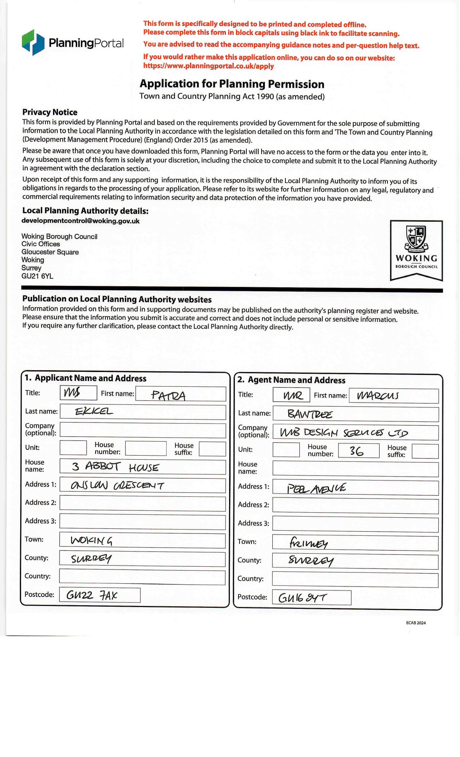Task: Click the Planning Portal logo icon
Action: [33, 43]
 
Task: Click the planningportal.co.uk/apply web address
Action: [209, 66]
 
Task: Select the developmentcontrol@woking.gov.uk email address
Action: [80, 221]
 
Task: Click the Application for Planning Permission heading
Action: [232, 84]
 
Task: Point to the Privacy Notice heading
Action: [50, 112]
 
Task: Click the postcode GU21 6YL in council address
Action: [37, 276]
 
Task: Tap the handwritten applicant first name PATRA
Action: [168, 395]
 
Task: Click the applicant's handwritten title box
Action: [78, 393]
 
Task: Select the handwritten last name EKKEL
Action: [94, 411]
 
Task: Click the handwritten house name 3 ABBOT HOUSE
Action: [115, 467]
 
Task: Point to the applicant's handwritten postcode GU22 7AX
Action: [92, 595]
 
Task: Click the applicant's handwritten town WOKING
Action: [92, 540]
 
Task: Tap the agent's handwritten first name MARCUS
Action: [377, 396]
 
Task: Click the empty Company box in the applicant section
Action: [143, 430]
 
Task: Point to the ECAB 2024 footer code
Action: [416, 623]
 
